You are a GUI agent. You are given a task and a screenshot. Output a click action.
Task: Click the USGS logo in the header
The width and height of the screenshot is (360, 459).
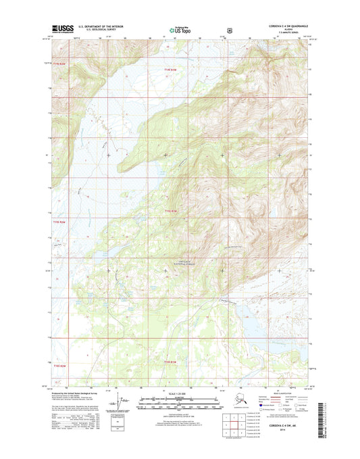(62, 30)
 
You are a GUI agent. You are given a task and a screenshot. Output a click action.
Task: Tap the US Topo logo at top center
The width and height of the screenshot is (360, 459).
(180, 30)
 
